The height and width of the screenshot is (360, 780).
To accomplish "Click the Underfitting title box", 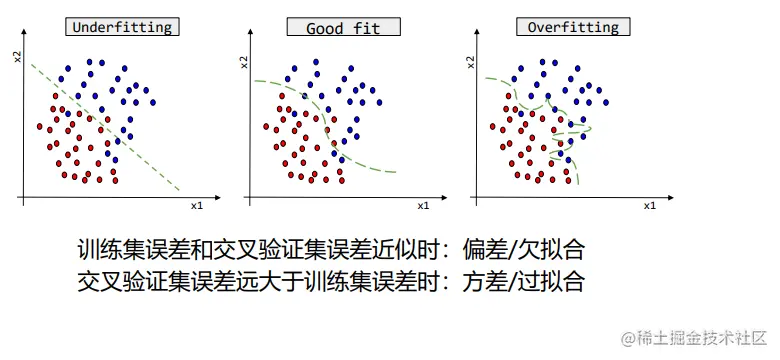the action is point(122,26).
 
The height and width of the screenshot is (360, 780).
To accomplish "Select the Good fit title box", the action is point(343,26).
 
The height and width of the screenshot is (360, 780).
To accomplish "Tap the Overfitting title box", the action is point(573,26).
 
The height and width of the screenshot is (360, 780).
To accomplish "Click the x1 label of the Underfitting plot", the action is point(196,205).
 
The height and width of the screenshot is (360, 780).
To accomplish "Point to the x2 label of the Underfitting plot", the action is point(18,55).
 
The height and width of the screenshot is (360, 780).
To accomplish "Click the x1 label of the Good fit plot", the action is point(423,205).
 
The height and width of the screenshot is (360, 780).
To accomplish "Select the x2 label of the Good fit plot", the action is point(244,62).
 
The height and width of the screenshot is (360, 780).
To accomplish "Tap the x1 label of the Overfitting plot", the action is point(650,205).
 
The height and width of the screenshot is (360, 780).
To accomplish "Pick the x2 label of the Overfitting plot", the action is point(471,62).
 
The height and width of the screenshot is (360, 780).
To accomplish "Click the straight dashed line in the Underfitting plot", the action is point(105,127).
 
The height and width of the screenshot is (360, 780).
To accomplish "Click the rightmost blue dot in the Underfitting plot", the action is point(153,102).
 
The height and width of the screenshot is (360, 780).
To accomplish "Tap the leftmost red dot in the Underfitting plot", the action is point(40,126).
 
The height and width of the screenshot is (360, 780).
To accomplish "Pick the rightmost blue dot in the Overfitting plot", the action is point(606,102).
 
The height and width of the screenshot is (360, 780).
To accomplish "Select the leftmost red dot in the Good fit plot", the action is point(267,126).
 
